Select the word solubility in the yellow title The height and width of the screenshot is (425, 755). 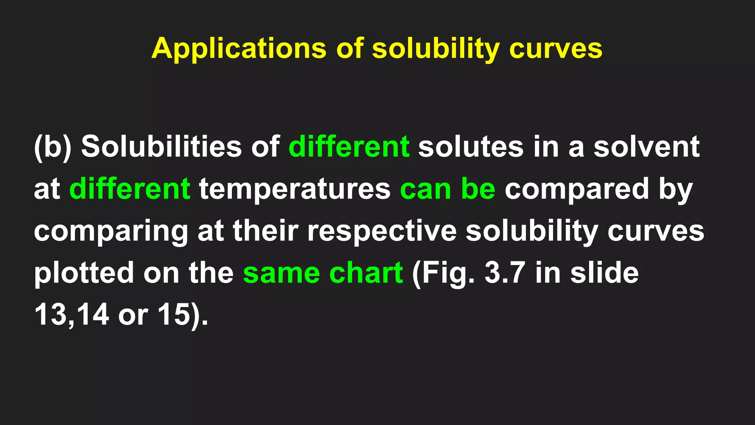pos(435,48)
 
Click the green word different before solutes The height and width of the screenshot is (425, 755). pos(349,146)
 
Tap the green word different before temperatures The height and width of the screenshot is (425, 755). pos(130,189)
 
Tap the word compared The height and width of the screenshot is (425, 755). pos(577,189)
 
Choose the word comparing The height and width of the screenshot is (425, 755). pos(111,231)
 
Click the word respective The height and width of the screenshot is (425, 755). pos(382,231)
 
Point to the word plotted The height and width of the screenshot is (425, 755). pos(84,273)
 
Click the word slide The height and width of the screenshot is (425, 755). pos(605,273)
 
